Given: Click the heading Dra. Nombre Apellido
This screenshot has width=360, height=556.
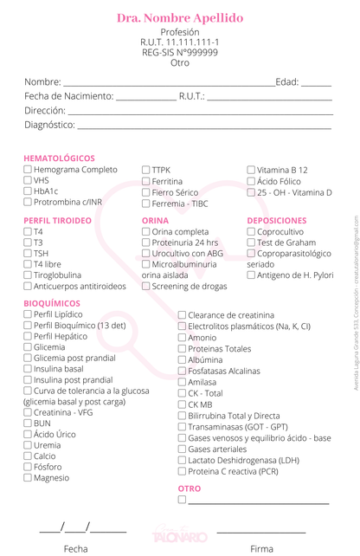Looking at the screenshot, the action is tap(179, 18).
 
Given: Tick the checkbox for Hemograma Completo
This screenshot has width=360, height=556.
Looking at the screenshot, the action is tap(28, 171).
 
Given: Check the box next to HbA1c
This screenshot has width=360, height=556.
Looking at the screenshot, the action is tap(28, 191).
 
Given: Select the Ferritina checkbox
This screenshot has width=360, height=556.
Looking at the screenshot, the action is tap(146, 181).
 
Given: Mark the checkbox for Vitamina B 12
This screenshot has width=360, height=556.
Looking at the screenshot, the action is tap(251, 171).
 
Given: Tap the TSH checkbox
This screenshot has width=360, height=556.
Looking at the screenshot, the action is tap(28, 253).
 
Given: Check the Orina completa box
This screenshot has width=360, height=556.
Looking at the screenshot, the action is tap(146, 232).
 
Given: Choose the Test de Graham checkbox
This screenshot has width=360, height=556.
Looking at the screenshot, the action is tap(251, 242).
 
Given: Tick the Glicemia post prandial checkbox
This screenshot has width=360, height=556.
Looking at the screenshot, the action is tap(28, 358).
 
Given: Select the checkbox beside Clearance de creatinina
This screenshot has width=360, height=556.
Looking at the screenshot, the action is tap(182, 315).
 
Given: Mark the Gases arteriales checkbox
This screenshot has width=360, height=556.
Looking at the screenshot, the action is tap(182, 449).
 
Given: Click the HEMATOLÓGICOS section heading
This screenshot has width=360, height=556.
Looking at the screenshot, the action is tap(60, 158).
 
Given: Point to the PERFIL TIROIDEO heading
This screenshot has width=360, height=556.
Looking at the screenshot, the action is tap(57, 221).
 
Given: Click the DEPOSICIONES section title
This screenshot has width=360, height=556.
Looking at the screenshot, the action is tap(277, 221).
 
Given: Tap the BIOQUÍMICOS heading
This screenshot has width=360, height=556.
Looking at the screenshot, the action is tap(52, 303).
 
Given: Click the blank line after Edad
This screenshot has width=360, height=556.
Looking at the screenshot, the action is tap(316, 82).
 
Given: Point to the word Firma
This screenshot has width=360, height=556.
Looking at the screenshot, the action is tap(261, 548).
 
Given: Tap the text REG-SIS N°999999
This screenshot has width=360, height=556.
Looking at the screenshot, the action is tap(179, 52).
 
